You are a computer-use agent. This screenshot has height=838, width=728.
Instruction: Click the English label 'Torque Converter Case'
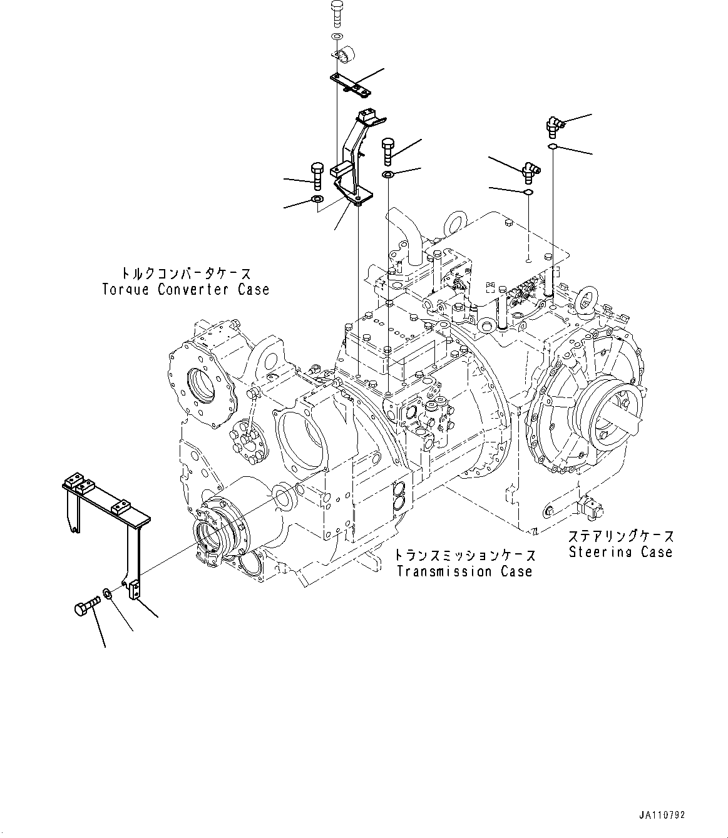pos(185,290)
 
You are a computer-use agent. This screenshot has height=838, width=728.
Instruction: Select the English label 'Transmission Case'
pos(463,571)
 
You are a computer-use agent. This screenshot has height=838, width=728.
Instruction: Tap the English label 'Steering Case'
pos(620,552)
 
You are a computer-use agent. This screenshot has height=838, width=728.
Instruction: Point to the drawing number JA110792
pos(662,815)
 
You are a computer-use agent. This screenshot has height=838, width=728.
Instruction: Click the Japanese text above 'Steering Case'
pos(621,536)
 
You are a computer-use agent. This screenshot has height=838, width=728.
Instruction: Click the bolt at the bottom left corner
pos(85,608)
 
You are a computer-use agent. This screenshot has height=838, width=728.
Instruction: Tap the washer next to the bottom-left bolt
pos(108,593)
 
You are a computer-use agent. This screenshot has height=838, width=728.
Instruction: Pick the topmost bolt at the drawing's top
pos(336,13)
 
